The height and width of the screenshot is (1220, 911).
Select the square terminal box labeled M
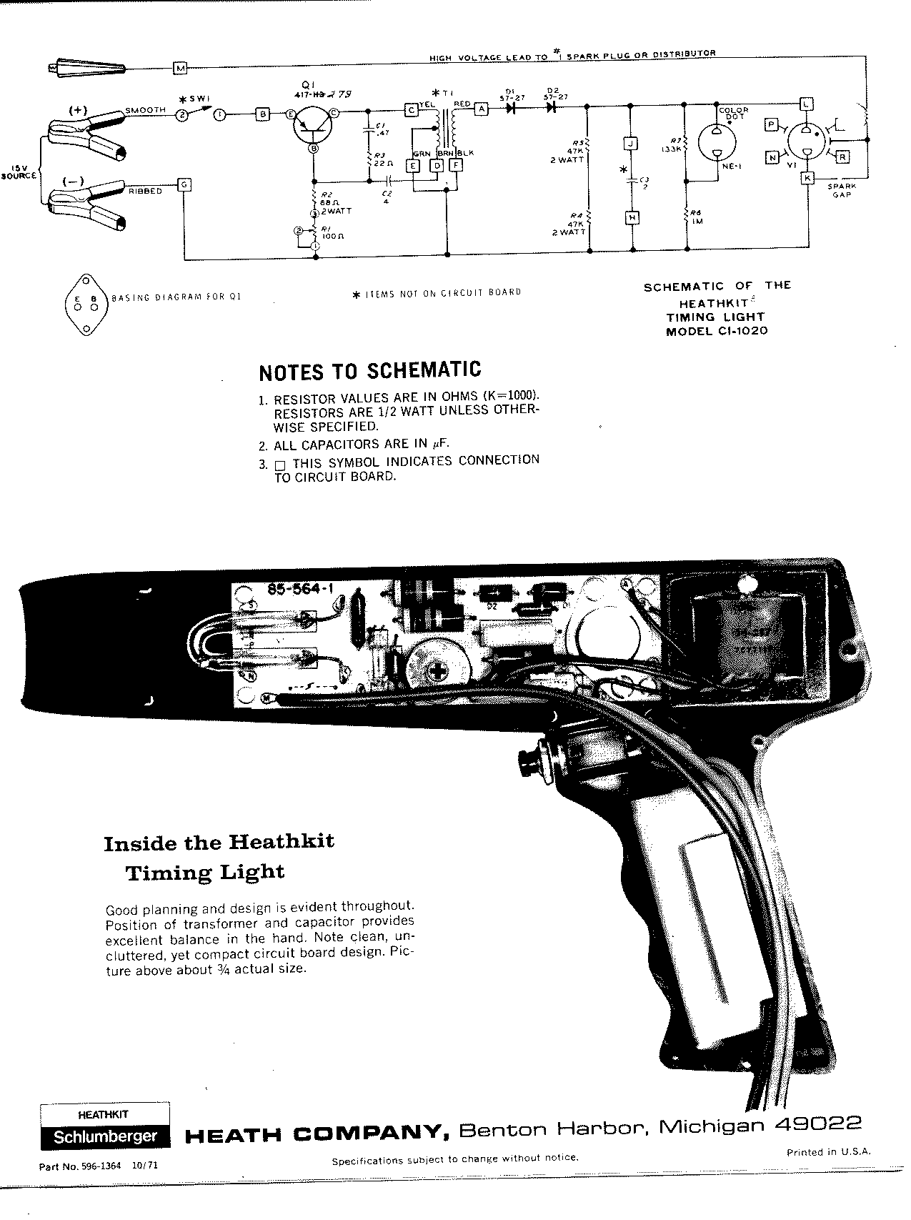pyautogui.click(x=180, y=68)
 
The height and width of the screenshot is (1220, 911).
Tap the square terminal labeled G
pyautogui.click(x=184, y=185)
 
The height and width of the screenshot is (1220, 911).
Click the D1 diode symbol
pyautogui.click(x=510, y=109)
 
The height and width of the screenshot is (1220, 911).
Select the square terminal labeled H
pyautogui.click(x=630, y=217)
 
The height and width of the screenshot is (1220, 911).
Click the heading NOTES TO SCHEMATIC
pyautogui.click(x=369, y=371)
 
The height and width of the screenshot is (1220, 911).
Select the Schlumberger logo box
pyautogui.click(x=104, y=1138)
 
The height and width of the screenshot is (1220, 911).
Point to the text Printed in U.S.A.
pyautogui.click(x=828, y=1151)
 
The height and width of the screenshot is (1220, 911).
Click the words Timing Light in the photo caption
pyautogui.click(x=205, y=873)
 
